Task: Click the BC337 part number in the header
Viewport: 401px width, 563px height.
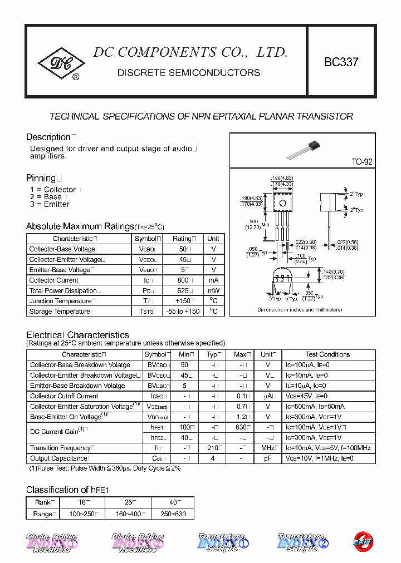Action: [341, 63]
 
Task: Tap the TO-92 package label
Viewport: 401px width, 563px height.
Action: [361, 162]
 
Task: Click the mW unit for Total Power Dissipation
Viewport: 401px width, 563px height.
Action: [213, 291]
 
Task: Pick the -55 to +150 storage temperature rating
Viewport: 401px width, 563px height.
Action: [183, 312]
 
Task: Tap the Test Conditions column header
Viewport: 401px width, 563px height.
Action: [327, 354]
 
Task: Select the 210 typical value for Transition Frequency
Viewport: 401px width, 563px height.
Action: [214, 448]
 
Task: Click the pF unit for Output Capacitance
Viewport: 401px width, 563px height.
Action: [267, 458]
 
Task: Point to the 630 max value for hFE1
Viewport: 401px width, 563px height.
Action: [242, 427]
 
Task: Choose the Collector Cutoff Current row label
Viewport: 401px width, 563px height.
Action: [64, 396]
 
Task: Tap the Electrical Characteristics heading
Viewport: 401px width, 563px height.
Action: [77, 335]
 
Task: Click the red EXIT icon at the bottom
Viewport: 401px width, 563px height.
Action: [363, 540]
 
